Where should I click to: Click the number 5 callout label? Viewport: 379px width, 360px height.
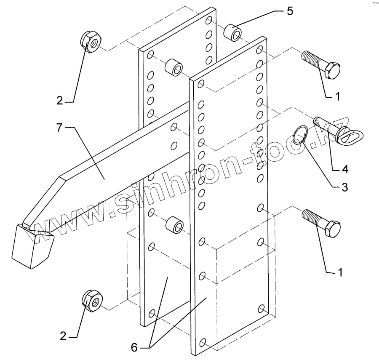click(290, 11)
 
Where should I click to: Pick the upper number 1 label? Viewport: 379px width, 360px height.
click(337, 96)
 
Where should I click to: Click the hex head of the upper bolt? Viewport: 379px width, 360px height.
click(333, 69)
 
